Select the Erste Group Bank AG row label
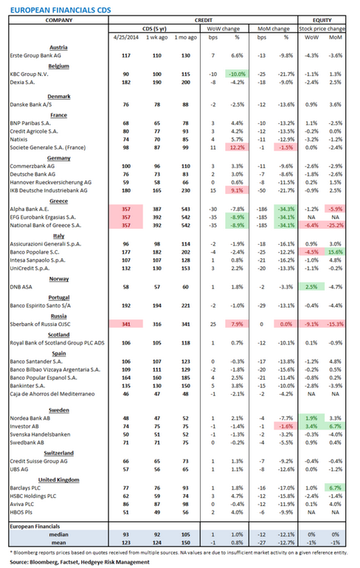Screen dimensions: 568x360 coord(34,55)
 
